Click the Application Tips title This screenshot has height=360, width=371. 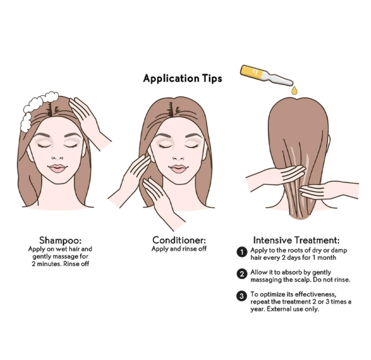click(182, 79)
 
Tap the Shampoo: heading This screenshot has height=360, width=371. click(60, 240)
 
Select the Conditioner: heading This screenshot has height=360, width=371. click(179, 240)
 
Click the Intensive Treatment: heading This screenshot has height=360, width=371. click(296, 240)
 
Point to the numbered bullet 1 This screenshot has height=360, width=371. click(243, 252)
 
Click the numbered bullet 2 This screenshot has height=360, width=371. click(243, 273)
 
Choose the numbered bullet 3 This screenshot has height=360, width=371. click(243, 295)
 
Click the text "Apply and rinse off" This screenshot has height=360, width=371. click(179, 249)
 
